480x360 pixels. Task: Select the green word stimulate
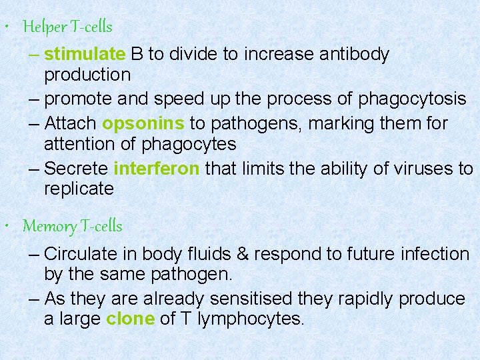pyautogui.click(x=85, y=54)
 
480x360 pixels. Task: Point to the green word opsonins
pyautogui.click(x=143, y=124)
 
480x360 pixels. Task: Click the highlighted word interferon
pyautogui.click(x=156, y=169)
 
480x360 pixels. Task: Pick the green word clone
pyautogui.click(x=130, y=319)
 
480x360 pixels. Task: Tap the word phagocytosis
pyautogui.click(x=412, y=99)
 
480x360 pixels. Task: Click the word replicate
pyautogui.click(x=79, y=189)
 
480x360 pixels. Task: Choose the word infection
pyautogui.click(x=436, y=254)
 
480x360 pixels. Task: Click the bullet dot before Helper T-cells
pyautogui.click(x=6, y=28)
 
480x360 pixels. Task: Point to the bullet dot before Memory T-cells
pyautogui.click(x=6, y=227)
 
